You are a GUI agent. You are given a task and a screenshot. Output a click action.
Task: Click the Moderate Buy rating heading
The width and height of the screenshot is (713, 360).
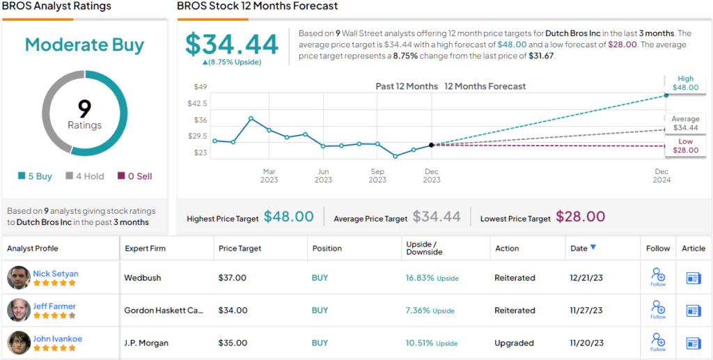click(84, 45)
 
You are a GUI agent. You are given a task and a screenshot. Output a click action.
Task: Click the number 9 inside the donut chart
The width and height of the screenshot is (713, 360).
click(84, 109)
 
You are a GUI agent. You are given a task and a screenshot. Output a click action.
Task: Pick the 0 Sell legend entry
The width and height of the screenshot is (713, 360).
click(134, 176)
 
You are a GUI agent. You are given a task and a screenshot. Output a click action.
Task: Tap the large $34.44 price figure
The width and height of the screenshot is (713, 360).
click(232, 45)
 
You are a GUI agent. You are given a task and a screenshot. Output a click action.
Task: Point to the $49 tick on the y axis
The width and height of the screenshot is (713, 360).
click(201, 87)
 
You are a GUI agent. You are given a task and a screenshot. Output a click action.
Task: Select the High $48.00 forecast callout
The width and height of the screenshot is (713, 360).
click(685, 83)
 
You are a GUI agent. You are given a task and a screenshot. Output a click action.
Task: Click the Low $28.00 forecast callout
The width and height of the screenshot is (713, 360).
click(685, 146)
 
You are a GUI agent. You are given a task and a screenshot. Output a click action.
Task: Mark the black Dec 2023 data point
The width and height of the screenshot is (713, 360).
click(432, 145)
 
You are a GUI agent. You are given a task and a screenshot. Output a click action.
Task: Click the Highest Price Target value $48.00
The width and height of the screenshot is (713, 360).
click(288, 217)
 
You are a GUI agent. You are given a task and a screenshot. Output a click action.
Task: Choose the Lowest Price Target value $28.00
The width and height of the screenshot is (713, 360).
click(579, 217)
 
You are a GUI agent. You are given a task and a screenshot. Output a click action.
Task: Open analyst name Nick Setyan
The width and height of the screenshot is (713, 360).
click(56, 274)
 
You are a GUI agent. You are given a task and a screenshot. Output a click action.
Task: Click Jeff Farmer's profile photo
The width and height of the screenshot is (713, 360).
click(19, 310)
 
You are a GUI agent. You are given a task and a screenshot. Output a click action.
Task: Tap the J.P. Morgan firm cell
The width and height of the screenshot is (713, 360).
click(146, 343)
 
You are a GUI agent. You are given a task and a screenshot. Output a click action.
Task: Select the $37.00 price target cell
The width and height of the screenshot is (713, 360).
click(233, 278)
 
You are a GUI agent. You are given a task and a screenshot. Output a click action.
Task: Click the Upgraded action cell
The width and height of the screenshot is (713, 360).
click(515, 343)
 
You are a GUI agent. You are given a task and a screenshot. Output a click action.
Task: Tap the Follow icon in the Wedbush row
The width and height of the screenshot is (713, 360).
click(658, 278)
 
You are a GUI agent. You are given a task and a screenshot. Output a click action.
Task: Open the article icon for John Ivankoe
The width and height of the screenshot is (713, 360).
click(694, 343)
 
